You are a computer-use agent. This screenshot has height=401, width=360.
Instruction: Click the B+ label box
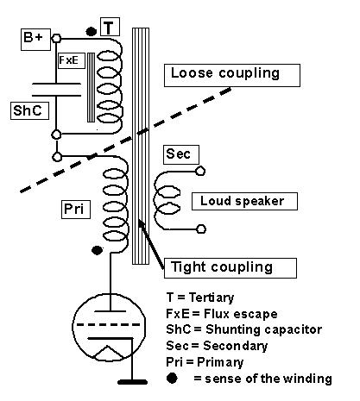point(35,40)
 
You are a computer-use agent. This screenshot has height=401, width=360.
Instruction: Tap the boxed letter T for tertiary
point(110,27)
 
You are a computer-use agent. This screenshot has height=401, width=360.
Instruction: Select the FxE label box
point(72,60)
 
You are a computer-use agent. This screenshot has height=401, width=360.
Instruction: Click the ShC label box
point(29,110)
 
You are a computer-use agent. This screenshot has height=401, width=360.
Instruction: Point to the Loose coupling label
point(232,75)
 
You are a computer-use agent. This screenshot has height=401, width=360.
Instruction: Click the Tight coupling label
point(231,268)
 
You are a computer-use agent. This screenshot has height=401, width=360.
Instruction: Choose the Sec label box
point(181,154)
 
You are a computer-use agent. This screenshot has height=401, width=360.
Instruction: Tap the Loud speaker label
point(244,201)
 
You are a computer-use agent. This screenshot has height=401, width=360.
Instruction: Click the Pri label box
point(76,210)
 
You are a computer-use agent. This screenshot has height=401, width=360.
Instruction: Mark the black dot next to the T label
point(92,31)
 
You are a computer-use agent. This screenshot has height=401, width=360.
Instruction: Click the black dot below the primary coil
point(97,250)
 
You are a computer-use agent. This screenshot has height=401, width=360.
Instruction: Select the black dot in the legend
point(172,378)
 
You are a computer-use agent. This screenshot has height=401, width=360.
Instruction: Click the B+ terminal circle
point(56,38)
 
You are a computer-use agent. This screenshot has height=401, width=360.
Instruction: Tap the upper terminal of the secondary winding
point(200,172)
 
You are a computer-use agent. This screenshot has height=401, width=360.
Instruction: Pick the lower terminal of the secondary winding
point(201,229)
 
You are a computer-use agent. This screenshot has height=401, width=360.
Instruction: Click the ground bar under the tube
point(132,382)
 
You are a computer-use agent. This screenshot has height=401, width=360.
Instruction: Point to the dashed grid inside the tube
point(109,325)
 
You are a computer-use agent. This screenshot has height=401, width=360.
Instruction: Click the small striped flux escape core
point(91,87)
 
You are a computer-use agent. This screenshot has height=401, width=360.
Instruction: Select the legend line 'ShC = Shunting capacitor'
point(243,329)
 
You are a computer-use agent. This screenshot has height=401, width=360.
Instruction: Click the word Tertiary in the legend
point(212,298)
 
